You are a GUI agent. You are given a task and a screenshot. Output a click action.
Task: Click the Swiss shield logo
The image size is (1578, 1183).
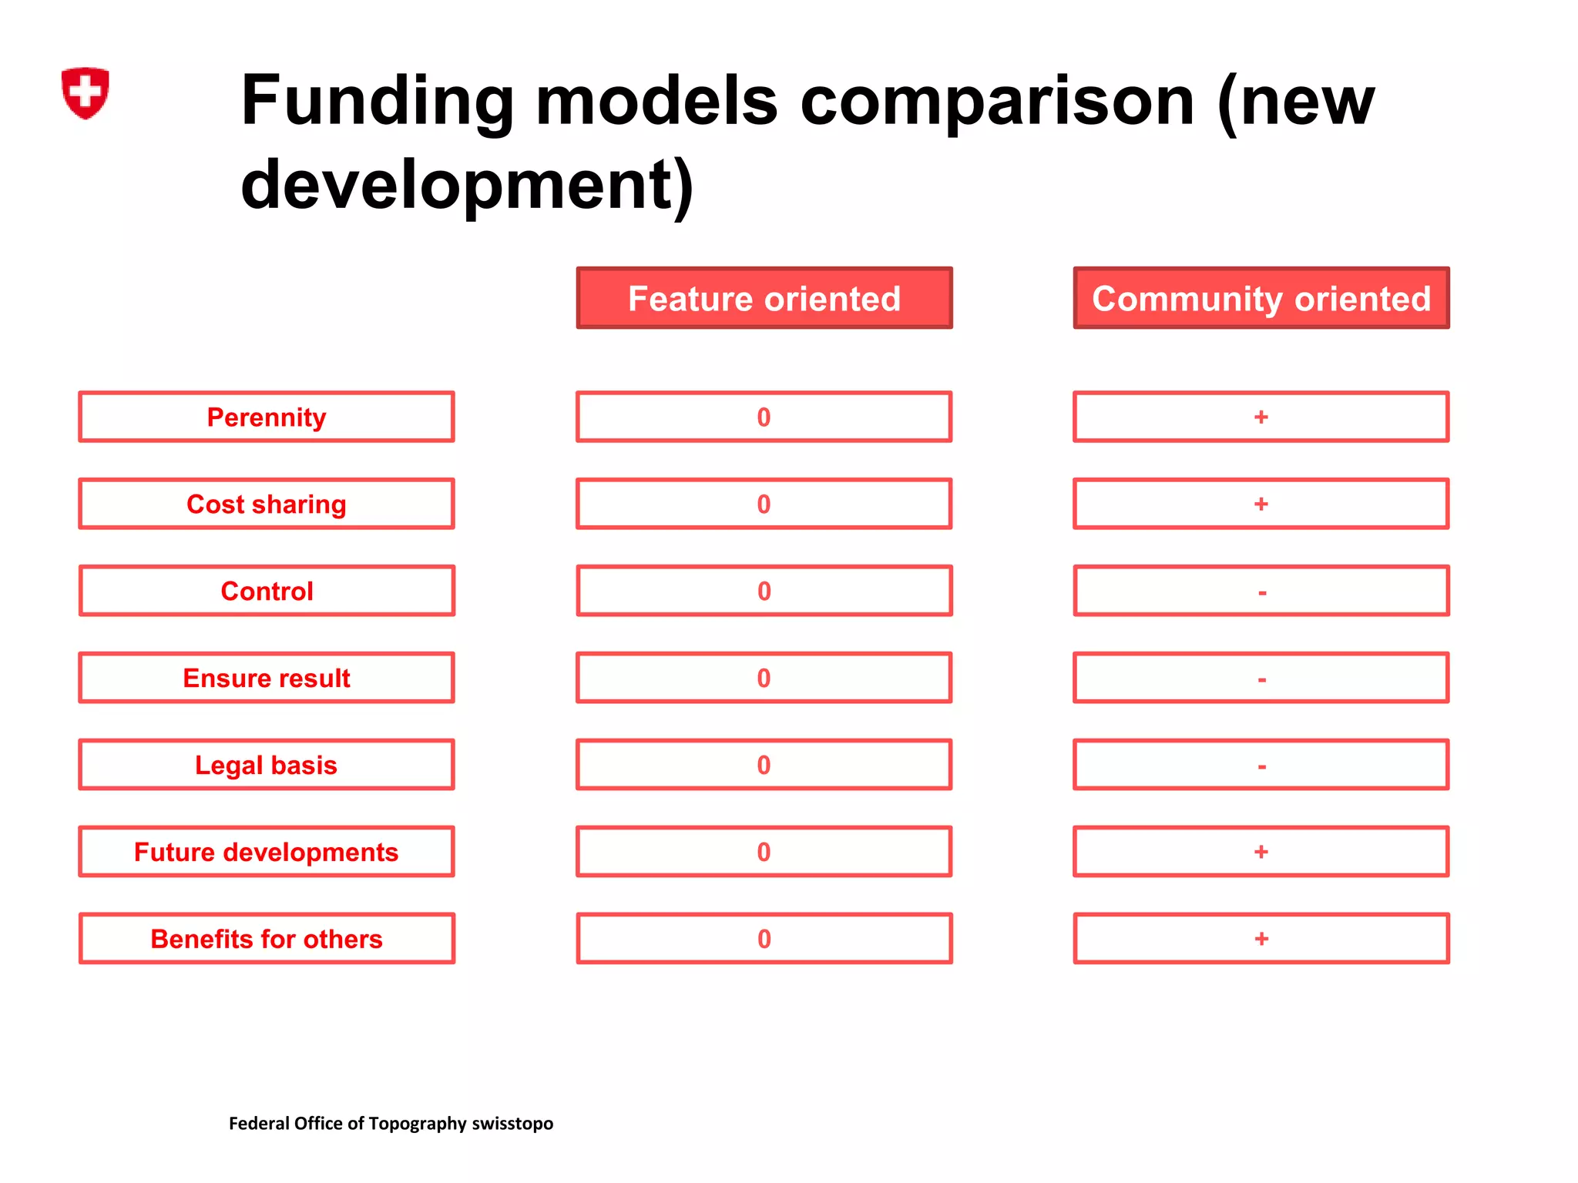(x=85, y=92)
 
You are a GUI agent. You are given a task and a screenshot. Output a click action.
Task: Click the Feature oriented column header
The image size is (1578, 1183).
(x=764, y=298)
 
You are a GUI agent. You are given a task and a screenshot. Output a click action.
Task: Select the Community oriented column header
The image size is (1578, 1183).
(x=1261, y=298)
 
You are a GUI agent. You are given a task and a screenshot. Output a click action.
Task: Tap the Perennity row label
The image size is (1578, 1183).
(x=267, y=417)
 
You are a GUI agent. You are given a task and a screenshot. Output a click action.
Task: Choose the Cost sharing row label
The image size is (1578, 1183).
(x=267, y=504)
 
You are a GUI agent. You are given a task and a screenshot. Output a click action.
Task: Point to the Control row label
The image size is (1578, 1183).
(x=267, y=591)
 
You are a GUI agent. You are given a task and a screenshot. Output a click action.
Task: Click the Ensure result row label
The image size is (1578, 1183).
(x=267, y=678)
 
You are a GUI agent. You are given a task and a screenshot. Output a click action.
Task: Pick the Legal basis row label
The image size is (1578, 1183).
(x=267, y=765)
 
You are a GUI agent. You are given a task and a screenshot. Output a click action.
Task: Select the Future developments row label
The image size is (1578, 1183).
(x=267, y=852)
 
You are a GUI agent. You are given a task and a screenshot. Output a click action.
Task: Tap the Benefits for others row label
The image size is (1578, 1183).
(x=267, y=939)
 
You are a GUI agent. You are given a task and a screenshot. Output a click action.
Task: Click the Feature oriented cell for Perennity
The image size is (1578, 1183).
(x=764, y=417)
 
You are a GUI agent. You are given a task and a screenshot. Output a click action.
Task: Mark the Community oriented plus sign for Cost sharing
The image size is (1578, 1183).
(x=1261, y=504)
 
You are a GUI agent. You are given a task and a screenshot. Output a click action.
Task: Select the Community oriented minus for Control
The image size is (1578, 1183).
(x=1261, y=592)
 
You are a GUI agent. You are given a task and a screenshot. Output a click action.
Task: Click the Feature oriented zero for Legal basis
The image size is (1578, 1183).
(x=764, y=765)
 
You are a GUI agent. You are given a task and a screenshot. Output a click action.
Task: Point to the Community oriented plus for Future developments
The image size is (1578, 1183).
(x=1261, y=852)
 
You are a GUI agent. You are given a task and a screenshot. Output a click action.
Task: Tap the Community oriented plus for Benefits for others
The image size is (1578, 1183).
(x=1261, y=939)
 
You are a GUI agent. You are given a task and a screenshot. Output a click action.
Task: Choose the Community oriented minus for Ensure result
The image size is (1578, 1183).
(x=1261, y=679)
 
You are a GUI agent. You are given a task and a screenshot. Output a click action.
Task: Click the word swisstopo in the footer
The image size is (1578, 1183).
(x=512, y=1124)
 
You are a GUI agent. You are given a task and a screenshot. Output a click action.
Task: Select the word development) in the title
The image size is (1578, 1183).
(x=467, y=185)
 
